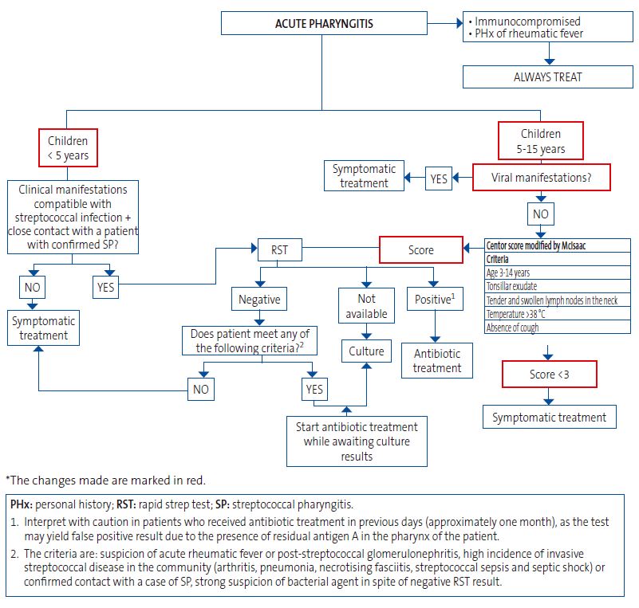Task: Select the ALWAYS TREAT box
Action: tap(547, 76)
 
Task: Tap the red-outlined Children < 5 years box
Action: tap(68, 147)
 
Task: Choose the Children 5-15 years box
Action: tap(540, 141)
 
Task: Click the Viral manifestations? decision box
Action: tap(541, 178)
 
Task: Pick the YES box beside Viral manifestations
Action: tap(439, 179)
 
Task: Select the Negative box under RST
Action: tap(258, 300)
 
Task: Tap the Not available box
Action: tap(365, 307)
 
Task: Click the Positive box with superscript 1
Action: tap(434, 300)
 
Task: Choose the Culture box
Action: tap(366, 351)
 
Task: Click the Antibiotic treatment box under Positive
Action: tap(436, 360)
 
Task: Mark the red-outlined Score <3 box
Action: tap(550, 375)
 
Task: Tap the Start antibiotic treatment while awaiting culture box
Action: tap(357, 441)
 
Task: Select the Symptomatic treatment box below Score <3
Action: tap(549, 417)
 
